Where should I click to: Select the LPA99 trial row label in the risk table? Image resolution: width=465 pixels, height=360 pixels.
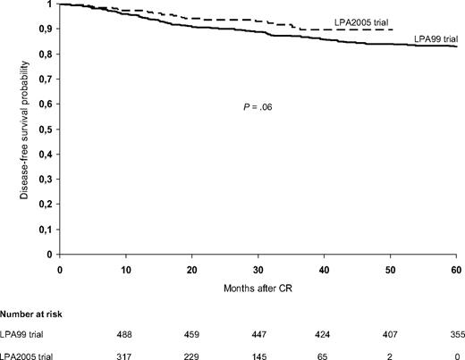pyautogui.click(x=25, y=334)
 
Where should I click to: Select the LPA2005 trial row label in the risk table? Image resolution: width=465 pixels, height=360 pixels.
pyautogui.click(x=30, y=354)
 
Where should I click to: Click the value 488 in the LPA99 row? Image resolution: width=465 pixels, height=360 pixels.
pyautogui.click(x=126, y=334)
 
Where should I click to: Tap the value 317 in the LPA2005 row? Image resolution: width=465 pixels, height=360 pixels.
pyautogui.click(x=126, y=354)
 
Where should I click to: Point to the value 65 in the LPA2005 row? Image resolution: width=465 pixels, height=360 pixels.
pyautogui.click(x=325, y=354)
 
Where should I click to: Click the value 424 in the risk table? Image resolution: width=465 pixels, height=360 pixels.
pyautogui.click(x=325, y=334)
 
